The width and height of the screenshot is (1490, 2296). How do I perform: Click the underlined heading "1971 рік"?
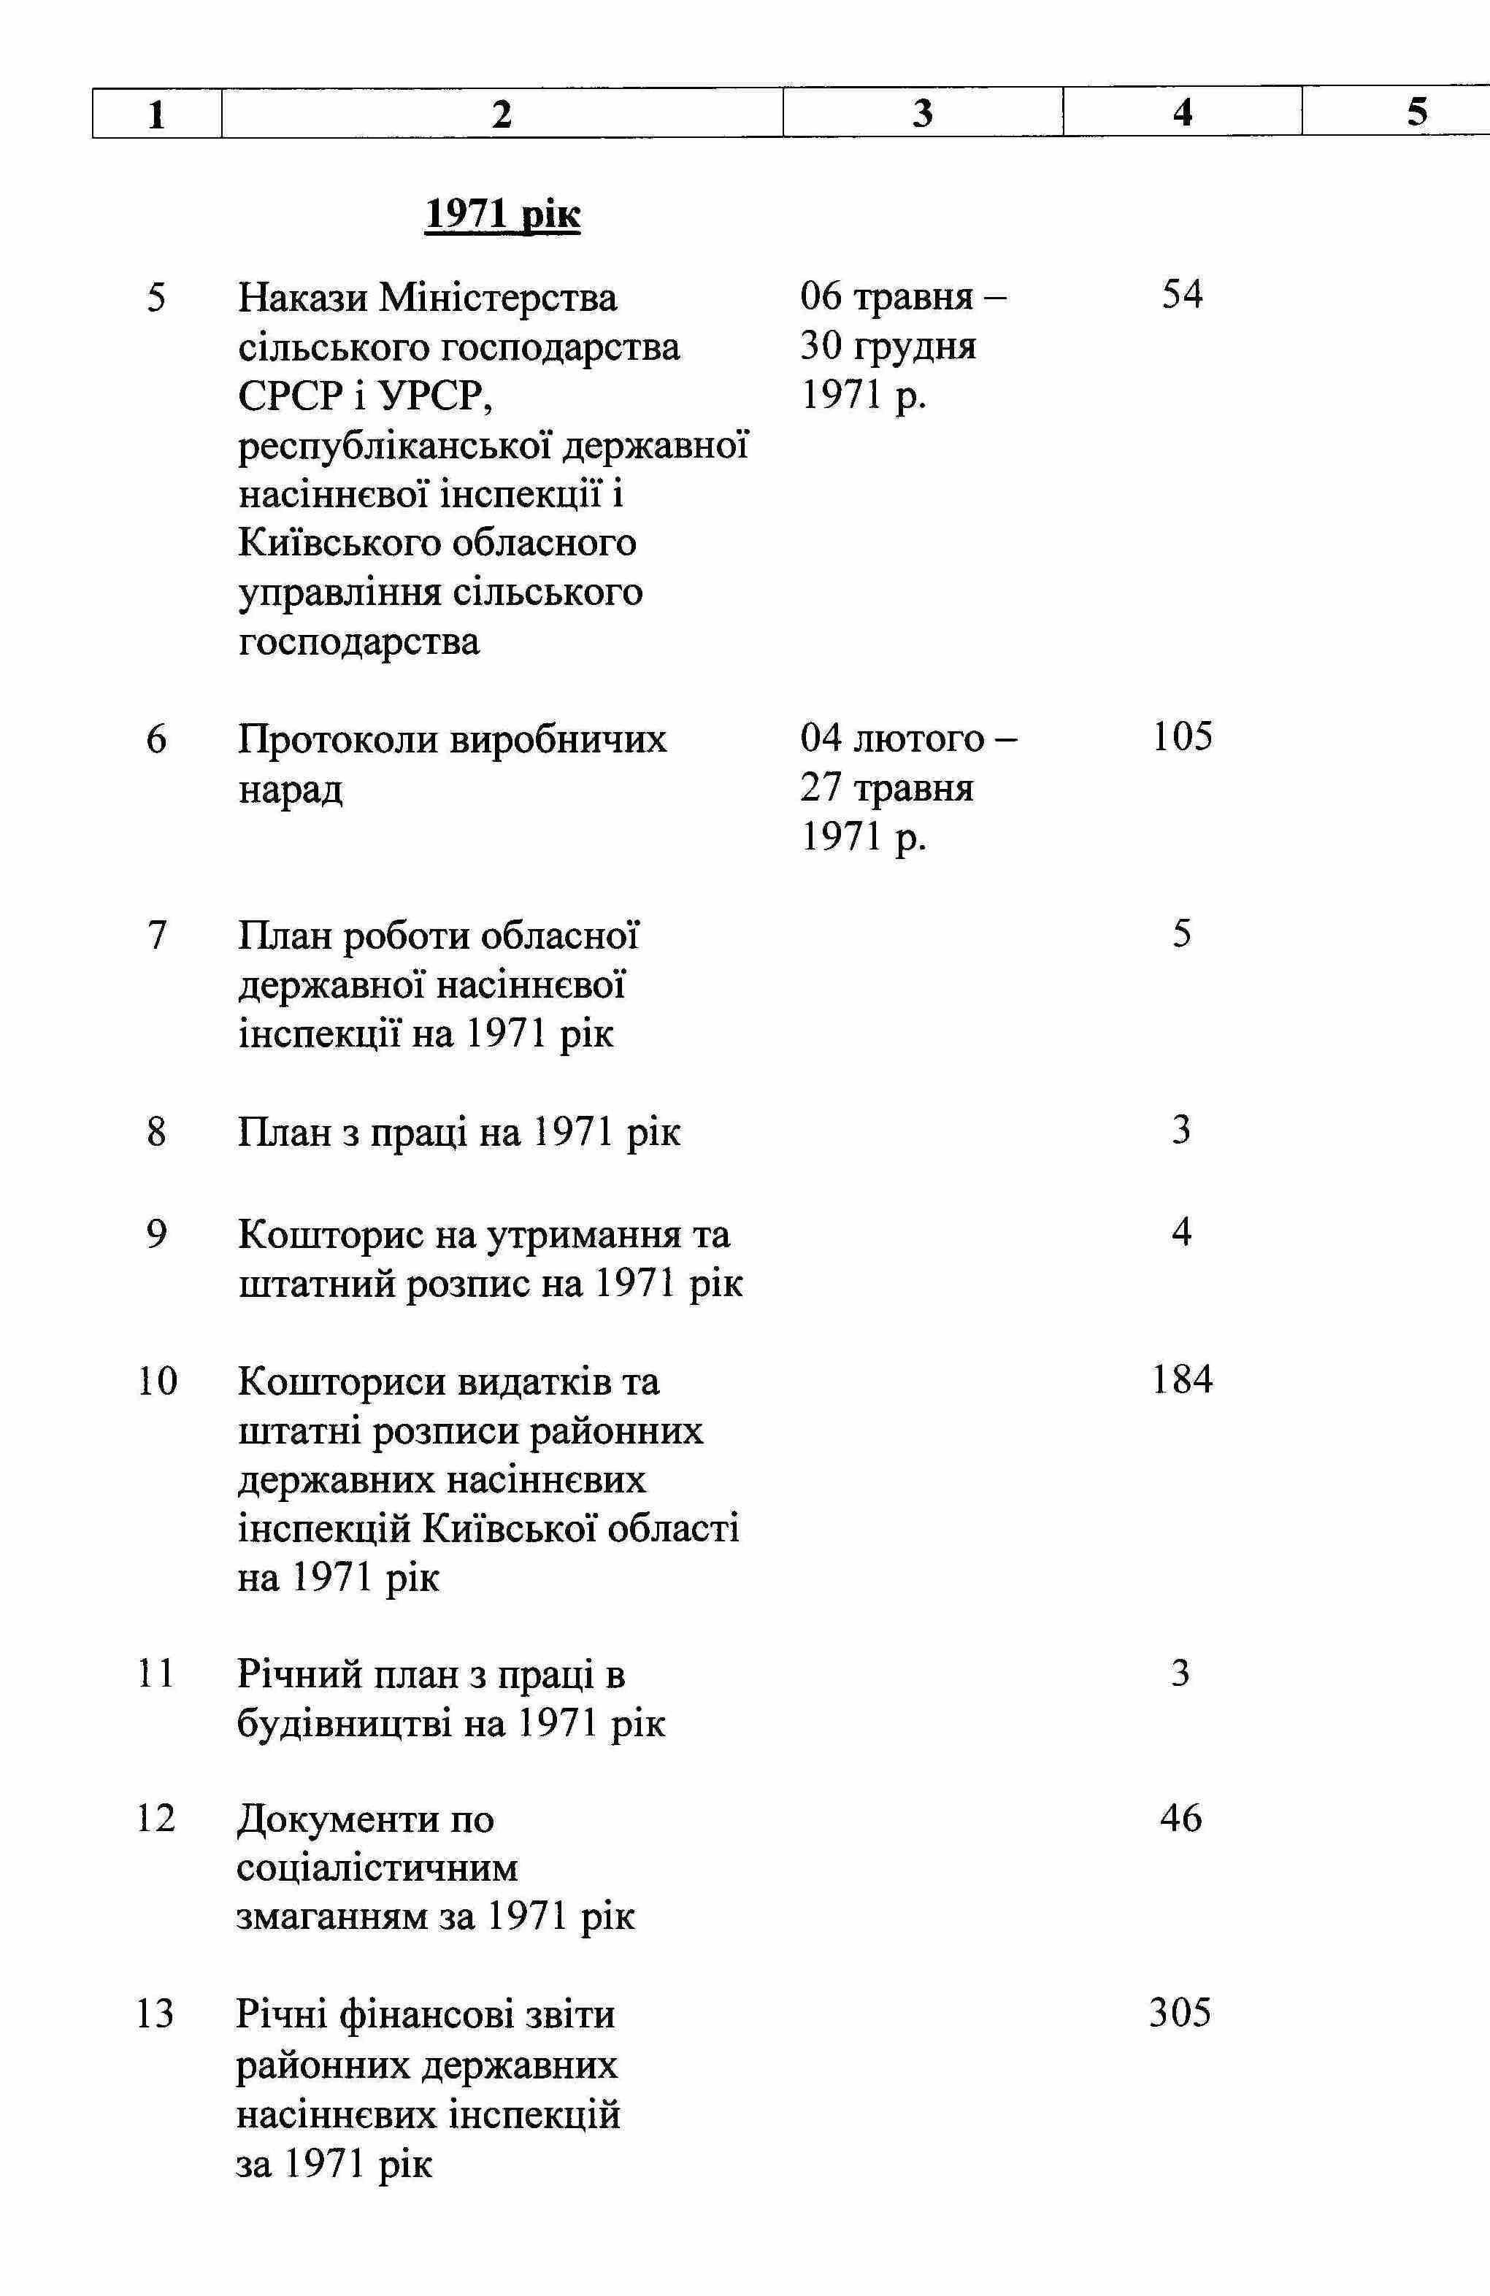pos(503,214)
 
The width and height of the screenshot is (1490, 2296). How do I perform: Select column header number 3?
pos(923,114)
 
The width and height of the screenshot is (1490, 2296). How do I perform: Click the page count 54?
pos(1182,294)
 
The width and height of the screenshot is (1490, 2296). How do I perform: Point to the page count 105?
pos(1182,737)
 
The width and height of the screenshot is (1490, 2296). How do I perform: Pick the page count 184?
pos(1182,1379)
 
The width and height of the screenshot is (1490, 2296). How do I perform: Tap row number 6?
pos(156,740)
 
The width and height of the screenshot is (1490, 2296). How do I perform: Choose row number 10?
pos(157,1382)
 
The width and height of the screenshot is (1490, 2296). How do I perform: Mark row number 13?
pos(155,2014)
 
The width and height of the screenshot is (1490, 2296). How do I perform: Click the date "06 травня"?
pos(886,296)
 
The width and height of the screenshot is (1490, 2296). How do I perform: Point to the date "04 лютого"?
pos(891,739)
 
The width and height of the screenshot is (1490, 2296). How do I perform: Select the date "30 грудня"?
pos(888,345)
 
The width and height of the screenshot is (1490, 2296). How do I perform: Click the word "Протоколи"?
pos(339,740)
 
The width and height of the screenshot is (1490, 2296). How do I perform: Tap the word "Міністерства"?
pos(499,297)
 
